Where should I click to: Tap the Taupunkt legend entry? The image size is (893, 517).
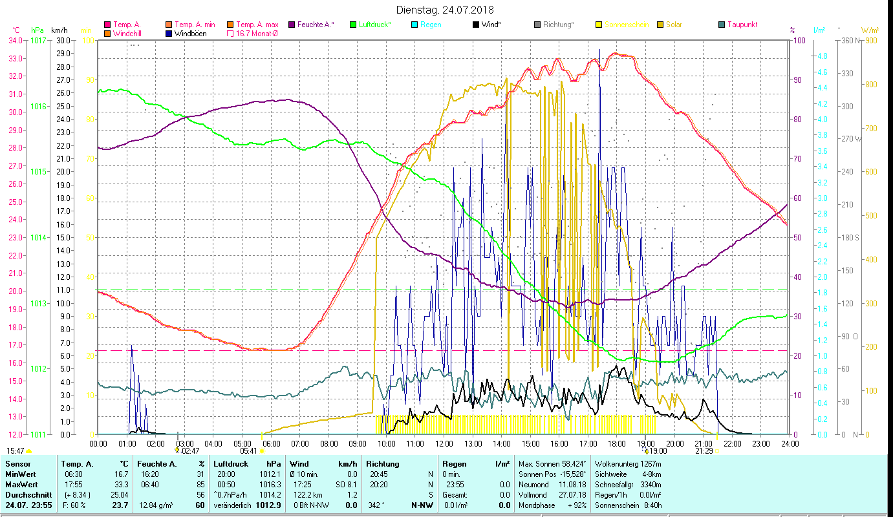coord(742,25)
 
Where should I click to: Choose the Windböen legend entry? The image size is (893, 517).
coord(190,33)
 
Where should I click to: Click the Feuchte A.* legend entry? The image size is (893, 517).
coord(316,25)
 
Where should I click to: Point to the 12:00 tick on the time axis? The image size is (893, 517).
coord(444,443)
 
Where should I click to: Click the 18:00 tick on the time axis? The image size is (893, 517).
coord(616,443)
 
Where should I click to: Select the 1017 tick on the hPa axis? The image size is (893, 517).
coord(38,40)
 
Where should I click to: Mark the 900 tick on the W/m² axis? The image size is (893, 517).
coord(870,40)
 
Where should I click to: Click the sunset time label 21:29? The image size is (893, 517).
coord(704,451)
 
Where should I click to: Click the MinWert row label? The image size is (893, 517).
coord(20,474)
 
